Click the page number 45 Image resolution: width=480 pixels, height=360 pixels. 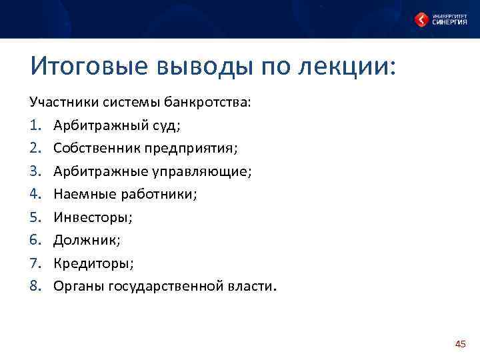tap(459, 344)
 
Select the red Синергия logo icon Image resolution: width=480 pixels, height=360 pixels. tap(421, 20)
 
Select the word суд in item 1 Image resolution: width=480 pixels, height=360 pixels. tap(167, 126)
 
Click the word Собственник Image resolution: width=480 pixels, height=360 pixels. tap(93, 149)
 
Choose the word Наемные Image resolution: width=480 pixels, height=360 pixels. tap(80, 195)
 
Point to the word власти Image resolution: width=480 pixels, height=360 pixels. tap(249, 286)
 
